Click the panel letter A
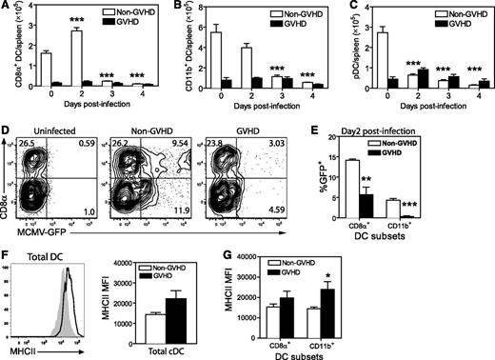7,7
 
